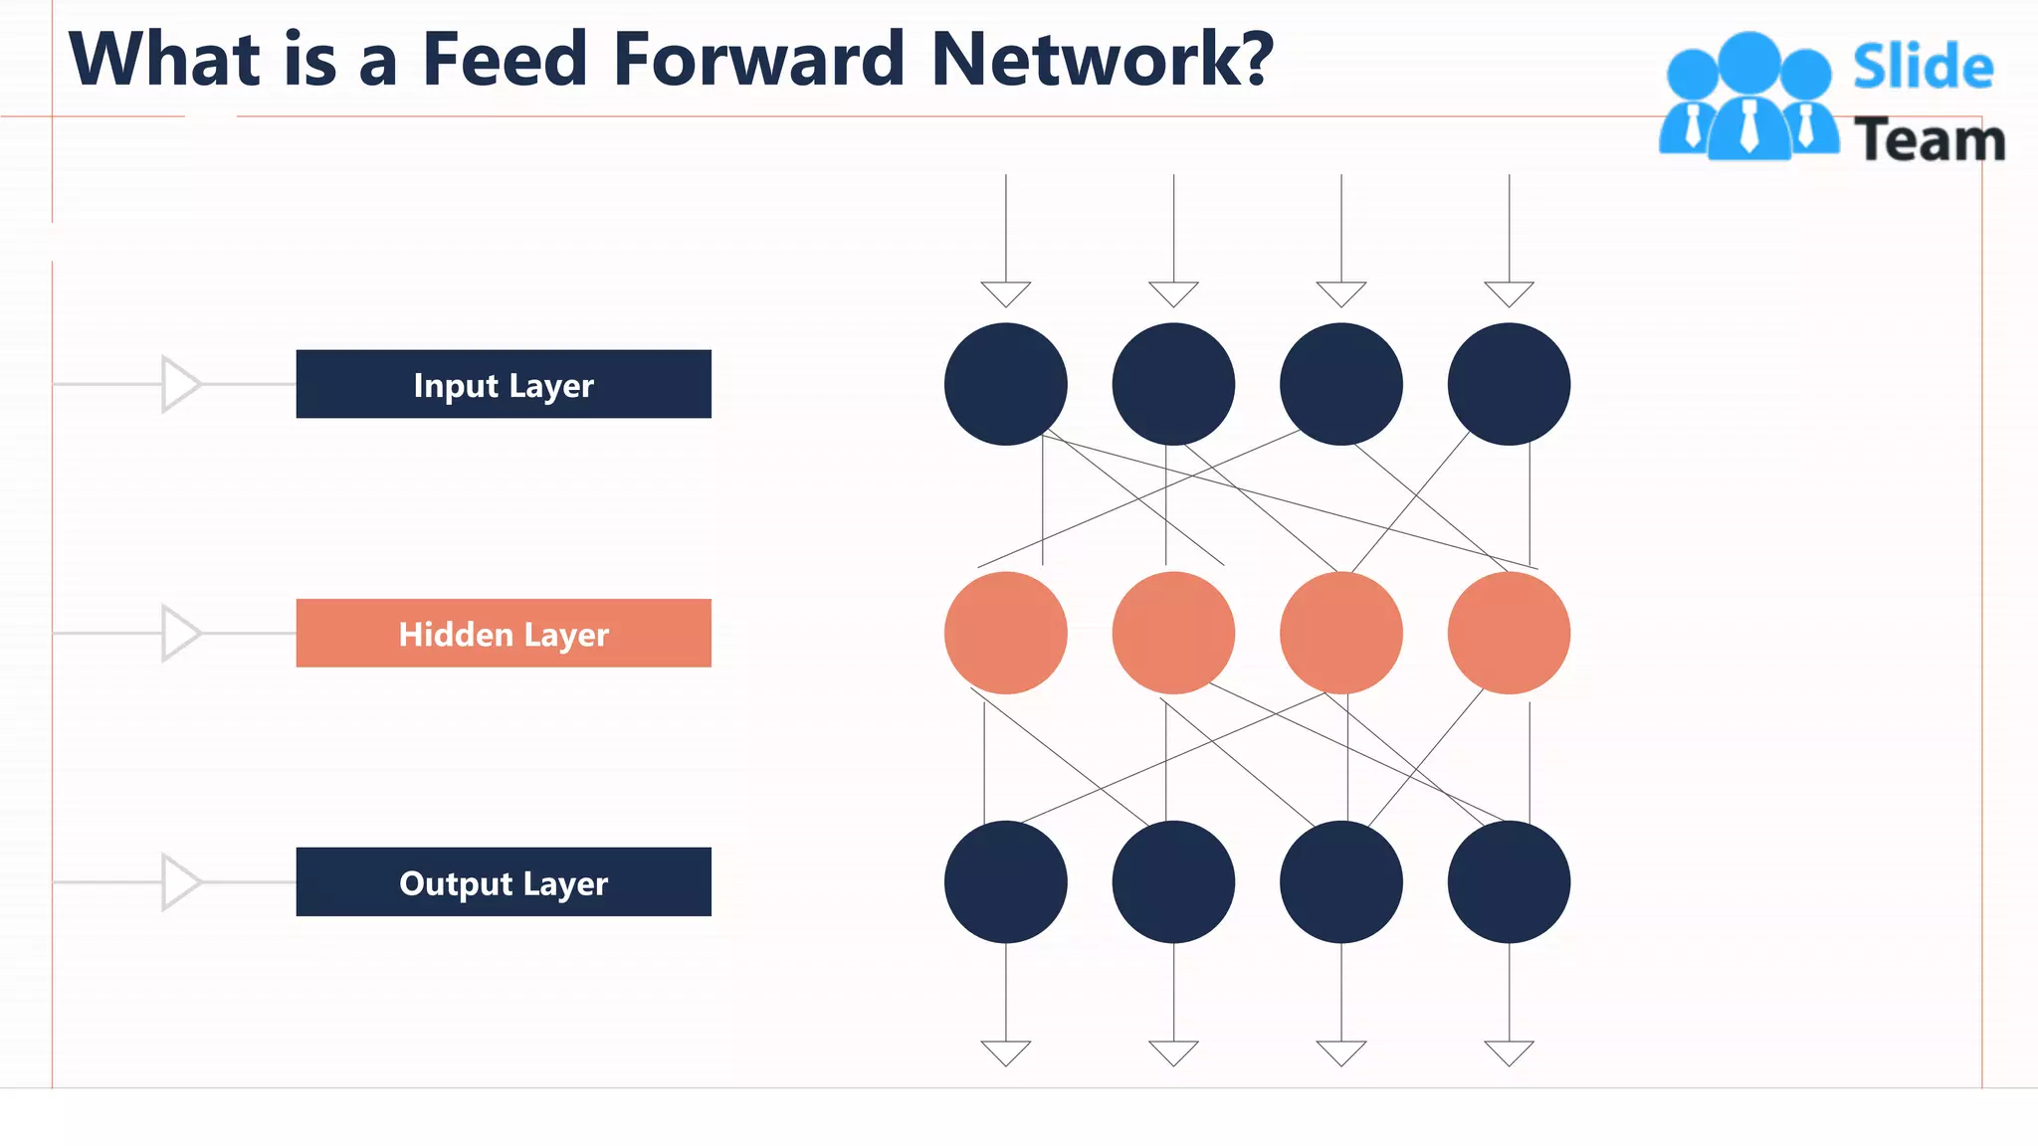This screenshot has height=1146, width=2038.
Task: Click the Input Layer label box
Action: pyautogui.click(x=504, y=384)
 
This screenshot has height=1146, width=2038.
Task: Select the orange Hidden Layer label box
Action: pyautogui.click(x=504, y=633)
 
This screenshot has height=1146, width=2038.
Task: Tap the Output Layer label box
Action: pyautogui.click(x=504, y=881)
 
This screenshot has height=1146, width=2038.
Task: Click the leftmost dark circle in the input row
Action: pyautogui.click(x=1005, y=384)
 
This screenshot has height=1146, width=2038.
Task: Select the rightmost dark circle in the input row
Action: pyautogui.click(x=1509, y=384)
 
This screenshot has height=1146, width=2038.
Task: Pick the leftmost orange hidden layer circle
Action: pyautogui.click(x=1005, y=633)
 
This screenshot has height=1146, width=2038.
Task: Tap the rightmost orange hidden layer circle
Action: pyautogui.click(x=1509, y=633)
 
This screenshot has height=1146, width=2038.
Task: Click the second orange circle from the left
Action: pyautogui.click(x=1173, y=633)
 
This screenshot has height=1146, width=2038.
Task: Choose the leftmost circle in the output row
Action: pyautogui.click(x=1005, y=881)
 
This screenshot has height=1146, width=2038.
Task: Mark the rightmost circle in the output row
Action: pyautogui.click(x=1509, y=881)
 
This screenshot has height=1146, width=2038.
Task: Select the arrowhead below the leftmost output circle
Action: pyautogui.click(x=1005, y=1051)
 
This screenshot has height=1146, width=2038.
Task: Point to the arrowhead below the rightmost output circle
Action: pyautogui.click(x=1509, y=1051)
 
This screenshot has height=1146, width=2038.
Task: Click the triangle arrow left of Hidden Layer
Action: pyautogui.click(x=180, y=633)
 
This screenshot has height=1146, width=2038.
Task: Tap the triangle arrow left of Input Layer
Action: pyautogui.click(x=180, y=384)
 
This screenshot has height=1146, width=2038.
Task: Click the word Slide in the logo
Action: pyautogui.click(x=1923, y=68)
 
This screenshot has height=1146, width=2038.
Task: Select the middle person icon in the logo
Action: pyautogui.click(x=1749, y=99)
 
